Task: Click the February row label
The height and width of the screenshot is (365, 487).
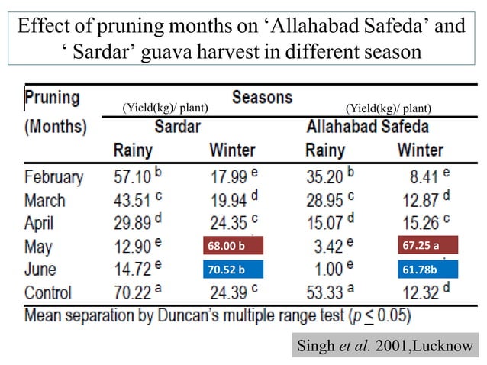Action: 53,177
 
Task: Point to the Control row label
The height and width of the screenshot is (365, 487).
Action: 48,292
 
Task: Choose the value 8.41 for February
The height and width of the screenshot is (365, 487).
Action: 424,177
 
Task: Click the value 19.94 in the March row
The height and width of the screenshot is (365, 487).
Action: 229,200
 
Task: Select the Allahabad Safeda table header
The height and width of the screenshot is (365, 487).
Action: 367,125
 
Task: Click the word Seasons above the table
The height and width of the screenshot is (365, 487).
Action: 262,97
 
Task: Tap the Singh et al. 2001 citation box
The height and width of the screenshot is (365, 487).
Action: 385,346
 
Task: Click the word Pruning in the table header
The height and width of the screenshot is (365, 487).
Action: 52,98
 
